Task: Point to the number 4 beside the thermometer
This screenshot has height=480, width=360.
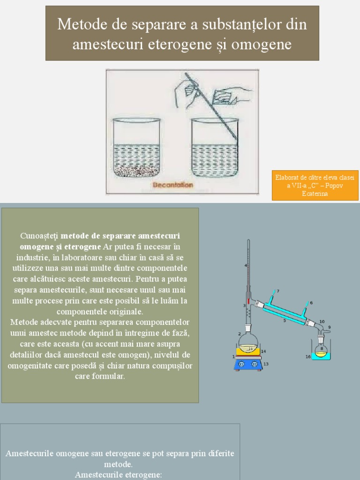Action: point(245,265)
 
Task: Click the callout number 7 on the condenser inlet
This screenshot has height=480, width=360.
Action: point(277,291)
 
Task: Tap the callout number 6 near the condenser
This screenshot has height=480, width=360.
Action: point(311,303)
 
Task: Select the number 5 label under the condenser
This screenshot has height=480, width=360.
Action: point(284,321)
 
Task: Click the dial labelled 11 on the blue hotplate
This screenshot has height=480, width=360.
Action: point(241,364)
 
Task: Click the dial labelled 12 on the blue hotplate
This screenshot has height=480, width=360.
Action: point(255,364)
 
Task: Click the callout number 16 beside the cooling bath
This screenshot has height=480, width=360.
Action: point(308,357)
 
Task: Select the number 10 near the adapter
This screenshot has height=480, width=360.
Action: point(322,322)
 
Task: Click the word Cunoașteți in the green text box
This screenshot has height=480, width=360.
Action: point(39,235)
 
